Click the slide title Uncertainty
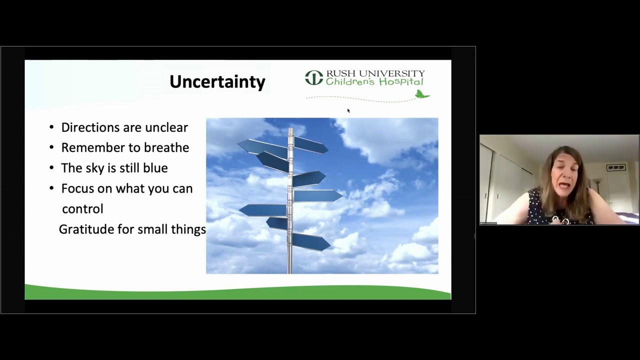click(217, 82)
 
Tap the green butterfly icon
click(422, 94)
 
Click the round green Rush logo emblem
click(314, 77)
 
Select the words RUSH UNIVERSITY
click(375, 73)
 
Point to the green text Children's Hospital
click(374, 82)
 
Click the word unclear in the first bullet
click(166, 127)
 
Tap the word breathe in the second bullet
click(166, 147)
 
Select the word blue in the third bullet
click(155, 168)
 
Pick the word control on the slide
click(82, 209)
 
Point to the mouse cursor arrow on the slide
click(348, 110)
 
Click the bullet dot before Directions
click(51, 127)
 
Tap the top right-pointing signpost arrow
click(311, 145)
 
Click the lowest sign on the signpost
click(311, 242)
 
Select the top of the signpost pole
click(290, 129)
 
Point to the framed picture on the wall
click(616, 167)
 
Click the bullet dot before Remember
click(51, 147)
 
